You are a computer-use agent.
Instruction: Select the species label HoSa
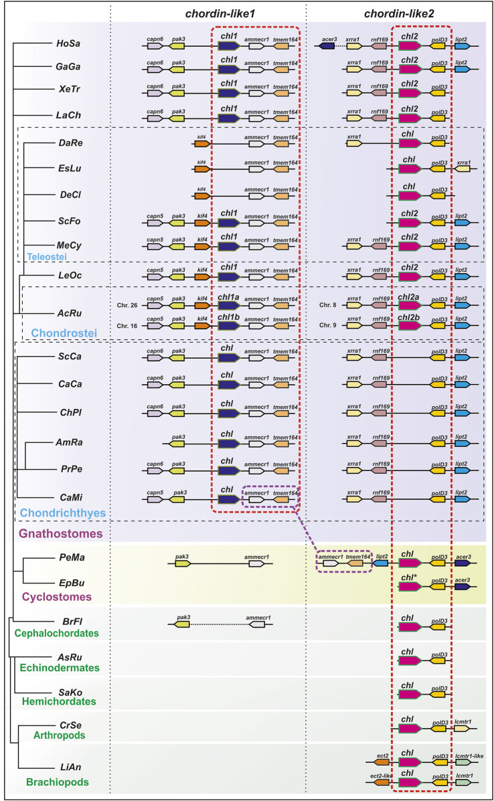tap(66, 46)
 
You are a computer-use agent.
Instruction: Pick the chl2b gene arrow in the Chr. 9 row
tap(409, 328)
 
